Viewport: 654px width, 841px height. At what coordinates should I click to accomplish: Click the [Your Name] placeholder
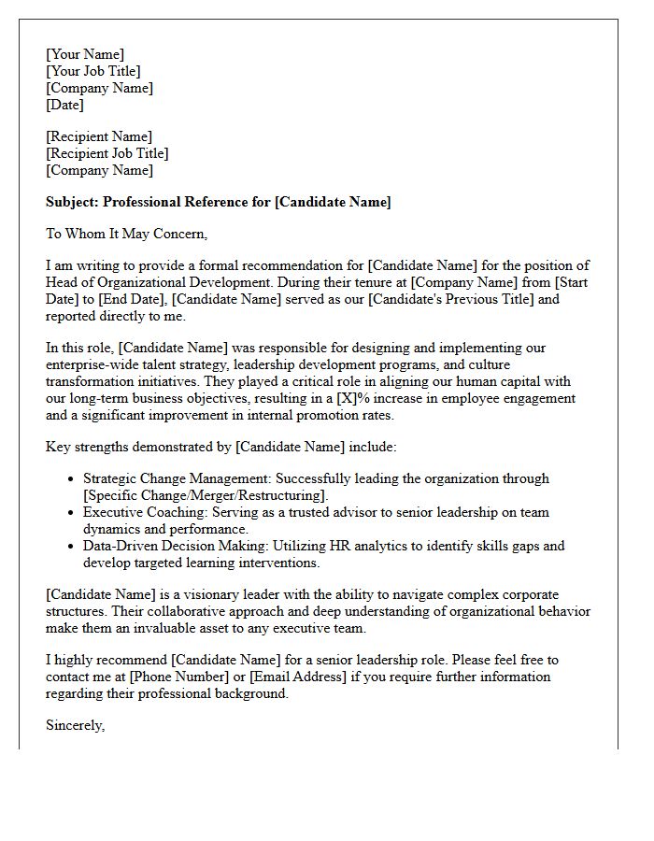(x=85, y=54)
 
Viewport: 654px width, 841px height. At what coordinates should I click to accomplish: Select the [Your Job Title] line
(x=93, y=71)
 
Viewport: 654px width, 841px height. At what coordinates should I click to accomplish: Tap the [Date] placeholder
(x=64, y=105)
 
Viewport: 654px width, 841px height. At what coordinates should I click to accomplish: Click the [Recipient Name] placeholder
(x=99, y=136)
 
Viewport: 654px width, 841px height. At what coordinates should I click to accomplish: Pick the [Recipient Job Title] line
(x=107, y=153)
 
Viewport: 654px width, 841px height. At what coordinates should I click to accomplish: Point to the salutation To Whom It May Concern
(x=126, y=234)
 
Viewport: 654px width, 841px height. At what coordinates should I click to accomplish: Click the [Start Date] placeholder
(x=572, y=282)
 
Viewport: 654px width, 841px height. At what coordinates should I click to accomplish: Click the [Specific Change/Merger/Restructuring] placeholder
(x=206, y=495)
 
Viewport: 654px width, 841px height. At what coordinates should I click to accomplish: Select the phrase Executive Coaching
(x=144, y=512)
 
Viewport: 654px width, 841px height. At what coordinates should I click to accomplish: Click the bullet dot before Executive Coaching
(x=73, y=512)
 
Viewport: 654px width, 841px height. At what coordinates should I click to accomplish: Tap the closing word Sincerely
(x=75, y=725)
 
